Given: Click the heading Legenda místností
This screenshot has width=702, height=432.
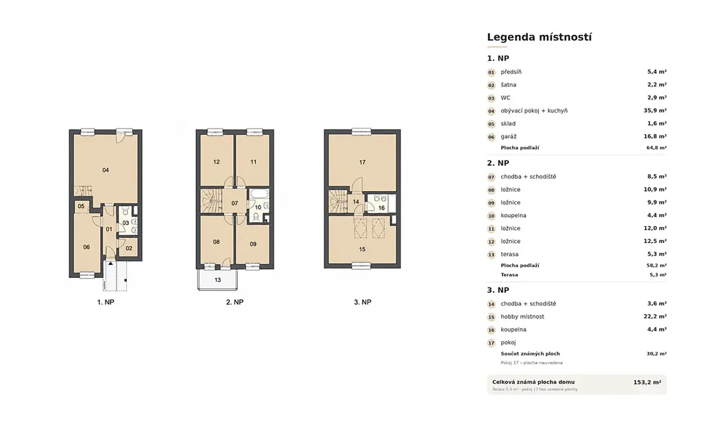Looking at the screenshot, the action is tap(539, 37).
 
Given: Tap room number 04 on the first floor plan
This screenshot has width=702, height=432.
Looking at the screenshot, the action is tap(106, 170).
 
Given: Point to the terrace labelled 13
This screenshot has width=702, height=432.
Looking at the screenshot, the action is tap(217, 280).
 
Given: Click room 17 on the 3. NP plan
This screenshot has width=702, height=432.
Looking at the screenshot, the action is tap(362, 162).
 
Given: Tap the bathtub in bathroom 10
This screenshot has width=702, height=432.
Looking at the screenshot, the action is tap(258, 194).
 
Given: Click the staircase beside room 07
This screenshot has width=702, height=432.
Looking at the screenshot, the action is tap(211, 201).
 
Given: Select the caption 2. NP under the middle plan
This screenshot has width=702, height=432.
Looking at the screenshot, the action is tap(234, 303).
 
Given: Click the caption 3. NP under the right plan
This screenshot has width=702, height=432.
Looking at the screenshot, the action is tap(363, 303).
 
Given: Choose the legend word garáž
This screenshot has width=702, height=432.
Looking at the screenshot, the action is tap(509, 137).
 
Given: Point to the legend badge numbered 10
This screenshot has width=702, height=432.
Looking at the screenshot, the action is tap(491, 216).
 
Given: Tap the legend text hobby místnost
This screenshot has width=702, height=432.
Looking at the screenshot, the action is tap(522, 316).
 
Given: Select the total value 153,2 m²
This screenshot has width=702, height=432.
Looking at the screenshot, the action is tap(647, 382).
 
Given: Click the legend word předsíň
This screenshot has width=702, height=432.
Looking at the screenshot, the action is tap(511, 72).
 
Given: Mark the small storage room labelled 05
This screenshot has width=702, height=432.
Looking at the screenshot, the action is tap(82, 206).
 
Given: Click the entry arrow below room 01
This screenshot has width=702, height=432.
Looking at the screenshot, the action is tap(110, 264).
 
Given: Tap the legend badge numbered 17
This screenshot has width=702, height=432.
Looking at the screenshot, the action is tap(491, 343).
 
